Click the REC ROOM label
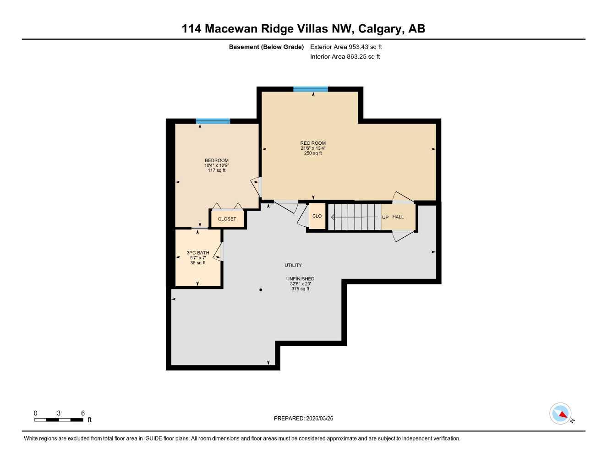[313, 143]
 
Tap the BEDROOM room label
[216, 161]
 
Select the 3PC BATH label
[198, 253]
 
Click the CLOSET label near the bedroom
[227, 219]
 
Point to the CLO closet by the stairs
[317, 216]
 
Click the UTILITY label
[293, 265]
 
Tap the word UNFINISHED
[300, 279]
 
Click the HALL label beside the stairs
[398, 217]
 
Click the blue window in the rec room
[311, 89]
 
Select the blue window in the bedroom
[213, 121]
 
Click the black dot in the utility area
[261, 289]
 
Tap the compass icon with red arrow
[561, 414]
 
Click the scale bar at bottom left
[59, 420]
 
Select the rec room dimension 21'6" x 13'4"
[313, 148]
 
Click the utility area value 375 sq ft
[300, 289]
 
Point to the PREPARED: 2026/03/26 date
[303, 418]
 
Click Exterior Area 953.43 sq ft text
[346, 47]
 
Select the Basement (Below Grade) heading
[266, 47]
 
